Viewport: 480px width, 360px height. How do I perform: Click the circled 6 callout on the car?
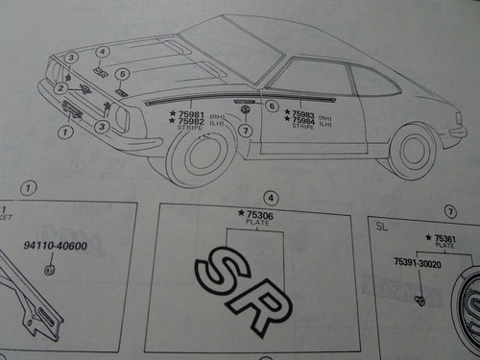pos(272,106)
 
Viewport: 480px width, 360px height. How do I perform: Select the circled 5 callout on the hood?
pos(122,74)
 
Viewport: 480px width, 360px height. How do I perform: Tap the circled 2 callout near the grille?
pos(60,88)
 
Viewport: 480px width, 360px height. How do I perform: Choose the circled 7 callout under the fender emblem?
pos(246,130)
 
